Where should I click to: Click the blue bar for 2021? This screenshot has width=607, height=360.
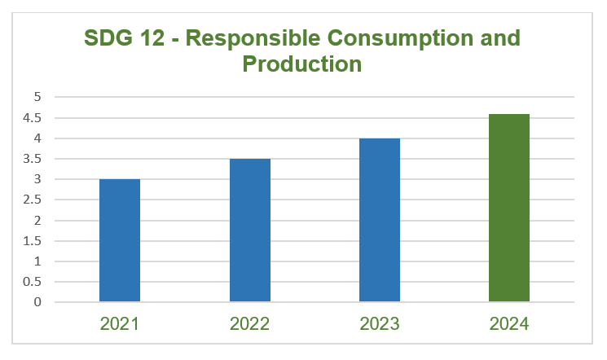point(120,240)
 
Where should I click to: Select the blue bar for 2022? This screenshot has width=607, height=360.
point(250,230)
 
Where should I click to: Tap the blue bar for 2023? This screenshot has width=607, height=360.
point(380,220)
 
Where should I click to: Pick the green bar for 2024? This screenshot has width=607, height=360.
point(509,208)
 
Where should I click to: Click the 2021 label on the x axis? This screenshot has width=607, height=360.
point(120,323)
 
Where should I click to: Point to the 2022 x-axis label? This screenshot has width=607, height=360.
point(250,323)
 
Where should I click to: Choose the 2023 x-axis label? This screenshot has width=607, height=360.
point(380,323)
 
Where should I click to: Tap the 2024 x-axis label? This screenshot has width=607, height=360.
point(509,323)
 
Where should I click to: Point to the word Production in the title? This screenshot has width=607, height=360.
point(302,64)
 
